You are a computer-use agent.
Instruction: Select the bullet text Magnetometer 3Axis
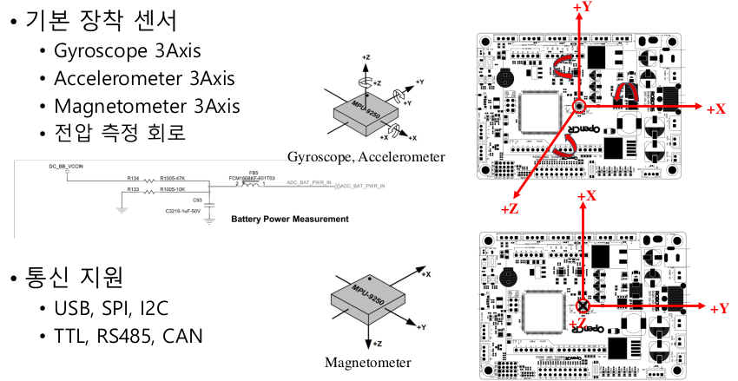[146, 106]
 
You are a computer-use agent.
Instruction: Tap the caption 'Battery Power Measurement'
[289, 219]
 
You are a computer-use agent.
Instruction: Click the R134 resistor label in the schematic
[133, 178]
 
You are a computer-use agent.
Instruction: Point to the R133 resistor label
[133, 187]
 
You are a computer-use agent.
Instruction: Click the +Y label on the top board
[583, 7]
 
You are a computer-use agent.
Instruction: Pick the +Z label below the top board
[511, 208]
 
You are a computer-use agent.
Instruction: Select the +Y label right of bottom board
[720, 309]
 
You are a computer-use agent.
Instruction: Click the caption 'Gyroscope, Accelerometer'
[366, 157]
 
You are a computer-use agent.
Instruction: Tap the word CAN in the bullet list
[179, 335]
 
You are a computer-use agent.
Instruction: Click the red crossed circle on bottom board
[582, 306]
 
